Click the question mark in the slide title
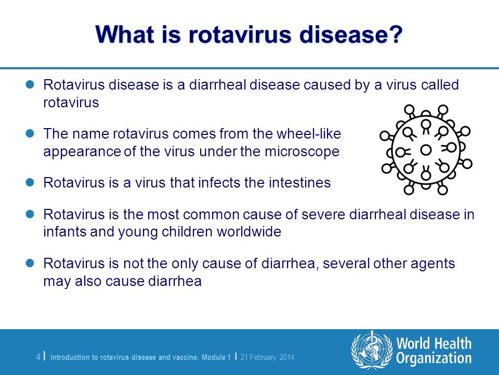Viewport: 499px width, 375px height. click(396, 34)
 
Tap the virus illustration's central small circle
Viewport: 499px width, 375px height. click(426, 149)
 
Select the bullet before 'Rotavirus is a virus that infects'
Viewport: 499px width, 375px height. click(30, 182)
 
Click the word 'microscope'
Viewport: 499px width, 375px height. click(302, 152)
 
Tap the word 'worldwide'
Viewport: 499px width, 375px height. click(249, 231)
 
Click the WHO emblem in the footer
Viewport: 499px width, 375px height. click(372, 350)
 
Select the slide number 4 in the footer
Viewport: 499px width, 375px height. click(38, 357)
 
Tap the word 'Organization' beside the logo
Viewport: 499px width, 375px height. click(434, 358)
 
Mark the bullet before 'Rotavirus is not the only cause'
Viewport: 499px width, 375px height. click(30, 263)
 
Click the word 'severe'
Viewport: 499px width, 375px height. click(323, 215)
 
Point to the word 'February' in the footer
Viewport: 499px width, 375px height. click(263, 357)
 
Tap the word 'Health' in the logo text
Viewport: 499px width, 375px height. click(453, 344)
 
